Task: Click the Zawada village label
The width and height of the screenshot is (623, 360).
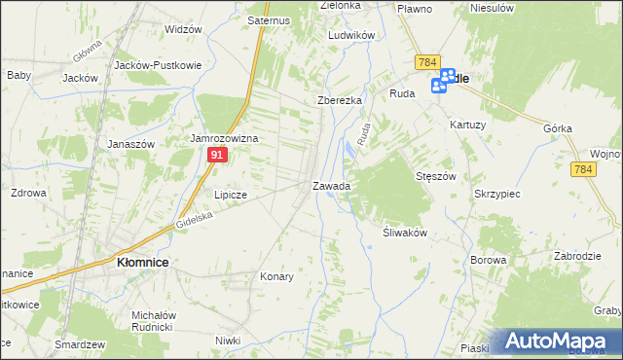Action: [331, 185]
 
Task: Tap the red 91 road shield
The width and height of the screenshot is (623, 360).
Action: [219, 156]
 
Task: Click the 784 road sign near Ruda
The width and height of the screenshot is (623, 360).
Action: [425, 62]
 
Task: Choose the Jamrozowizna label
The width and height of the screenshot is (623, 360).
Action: [223, 139]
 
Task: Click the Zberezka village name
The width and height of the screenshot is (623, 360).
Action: [340, 100]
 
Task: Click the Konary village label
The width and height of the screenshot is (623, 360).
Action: [276, 276]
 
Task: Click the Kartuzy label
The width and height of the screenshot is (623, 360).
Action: [468, 125]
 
